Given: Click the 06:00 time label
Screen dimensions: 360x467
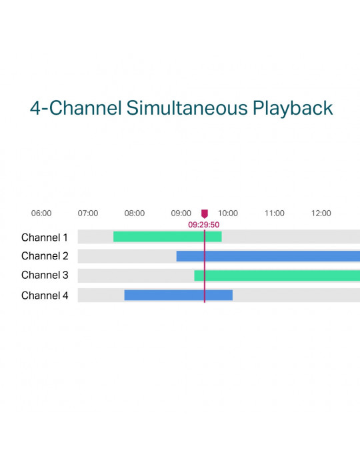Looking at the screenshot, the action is (41, 213).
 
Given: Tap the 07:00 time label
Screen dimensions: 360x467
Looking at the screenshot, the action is (88, 213).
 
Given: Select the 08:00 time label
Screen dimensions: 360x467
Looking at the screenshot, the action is (135, 213).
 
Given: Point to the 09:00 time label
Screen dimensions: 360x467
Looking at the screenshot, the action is (181, 213).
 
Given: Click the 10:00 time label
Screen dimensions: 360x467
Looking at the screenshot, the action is (228, 213).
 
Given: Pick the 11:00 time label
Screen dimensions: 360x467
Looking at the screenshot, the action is (275, 213).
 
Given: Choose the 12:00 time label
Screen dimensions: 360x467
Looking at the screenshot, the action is (321, 213).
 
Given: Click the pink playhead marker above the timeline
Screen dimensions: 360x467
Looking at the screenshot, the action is (205, 214).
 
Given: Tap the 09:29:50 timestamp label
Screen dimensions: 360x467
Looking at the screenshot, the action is (204, 225).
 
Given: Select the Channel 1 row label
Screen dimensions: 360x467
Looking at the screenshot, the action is (44, 238).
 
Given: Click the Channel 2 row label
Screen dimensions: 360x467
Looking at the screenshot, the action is (45, 256).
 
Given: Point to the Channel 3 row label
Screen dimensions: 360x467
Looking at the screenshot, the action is (45, 275).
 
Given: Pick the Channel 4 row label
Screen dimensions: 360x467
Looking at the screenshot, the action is (45, 296).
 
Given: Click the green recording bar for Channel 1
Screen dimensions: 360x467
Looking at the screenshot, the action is (167, 237).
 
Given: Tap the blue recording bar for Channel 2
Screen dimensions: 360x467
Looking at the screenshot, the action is (268, 256).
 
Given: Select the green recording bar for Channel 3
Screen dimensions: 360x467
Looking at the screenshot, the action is (277, 276).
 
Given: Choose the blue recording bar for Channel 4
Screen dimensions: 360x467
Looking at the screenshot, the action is (179, 295).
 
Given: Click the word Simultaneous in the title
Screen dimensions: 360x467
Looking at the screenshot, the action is (187, 107).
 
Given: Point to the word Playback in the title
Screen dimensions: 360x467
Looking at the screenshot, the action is (293, 108).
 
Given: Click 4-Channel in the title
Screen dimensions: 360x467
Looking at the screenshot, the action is (76, 108).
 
